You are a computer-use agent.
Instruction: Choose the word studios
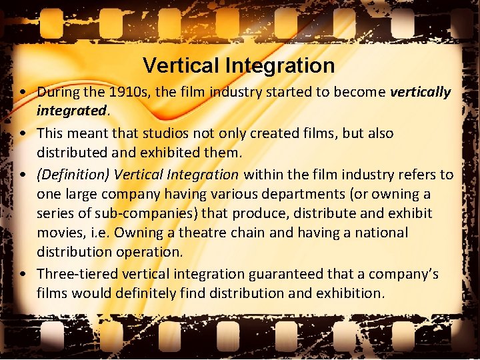click(x=168, y=133)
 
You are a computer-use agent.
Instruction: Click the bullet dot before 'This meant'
click(x=23, y=133)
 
